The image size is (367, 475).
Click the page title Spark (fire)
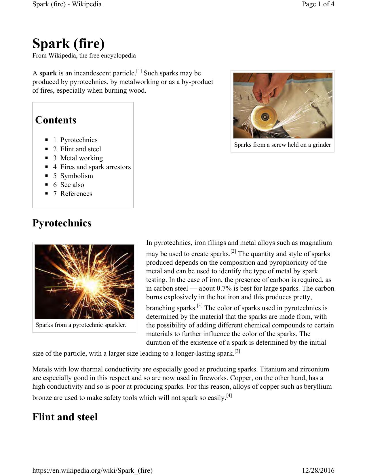(69, 44)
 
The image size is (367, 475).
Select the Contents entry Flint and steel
(81, 149)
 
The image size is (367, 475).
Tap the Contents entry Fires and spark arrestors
(95, 167)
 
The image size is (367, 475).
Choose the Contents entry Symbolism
(77, 176)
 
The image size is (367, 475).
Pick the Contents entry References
(76, 194)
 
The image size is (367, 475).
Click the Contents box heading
(56, 120)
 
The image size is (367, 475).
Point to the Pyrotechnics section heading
(62, 223)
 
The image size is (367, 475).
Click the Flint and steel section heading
(65, 417)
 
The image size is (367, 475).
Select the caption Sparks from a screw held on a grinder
(282, 145)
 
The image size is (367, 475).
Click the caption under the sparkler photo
(81, 325)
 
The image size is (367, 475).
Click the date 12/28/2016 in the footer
(318, 471)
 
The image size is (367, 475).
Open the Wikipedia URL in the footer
(92, 471)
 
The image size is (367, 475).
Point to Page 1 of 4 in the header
(318, 4)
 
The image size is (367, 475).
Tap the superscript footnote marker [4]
(229, 396)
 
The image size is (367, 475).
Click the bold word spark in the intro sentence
(48, 73)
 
